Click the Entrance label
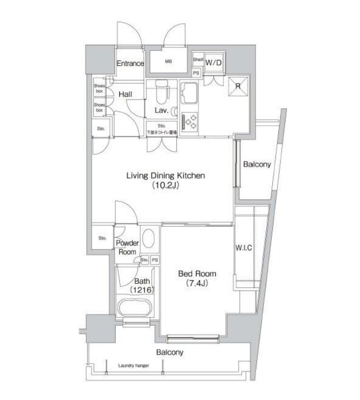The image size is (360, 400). click(x=130, y=64)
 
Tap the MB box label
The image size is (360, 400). click(x=168, y=62)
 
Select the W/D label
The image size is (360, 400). click(x=213, y=63)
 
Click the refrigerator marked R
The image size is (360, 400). click(x=237, y=86)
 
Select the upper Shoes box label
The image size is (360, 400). click(x=99, y=89)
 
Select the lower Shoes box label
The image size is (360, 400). click(x=99, y=107)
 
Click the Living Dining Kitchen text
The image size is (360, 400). click(x=166, y=176)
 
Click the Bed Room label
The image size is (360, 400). click(x=194, y=274)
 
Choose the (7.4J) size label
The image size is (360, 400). click(x=194, y=284)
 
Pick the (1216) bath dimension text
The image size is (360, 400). click(x=141, y=290)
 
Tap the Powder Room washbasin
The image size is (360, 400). click(x=148, y=238)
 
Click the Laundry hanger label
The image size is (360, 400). click(x=133, y=365)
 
